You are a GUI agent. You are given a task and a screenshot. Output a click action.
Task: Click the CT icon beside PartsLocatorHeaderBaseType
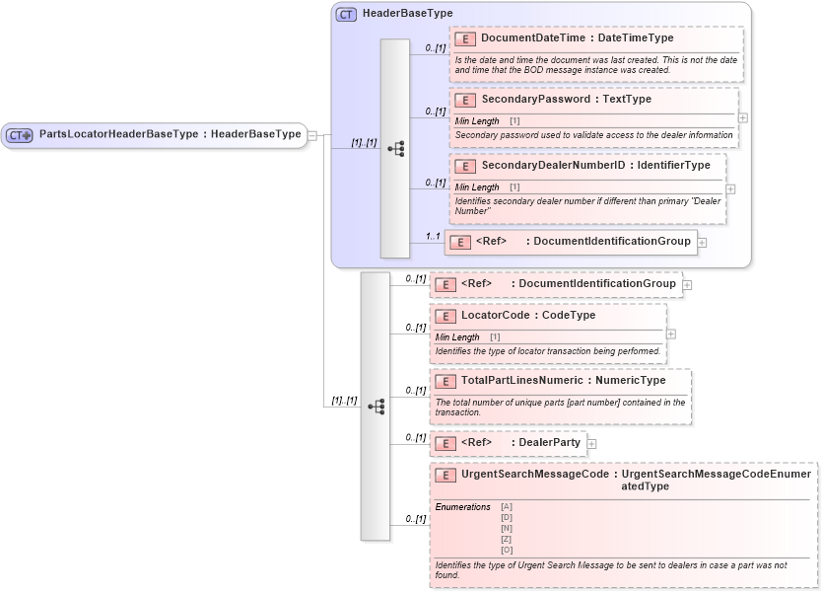21,135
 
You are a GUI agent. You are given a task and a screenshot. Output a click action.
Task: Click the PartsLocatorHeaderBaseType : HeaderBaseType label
170,135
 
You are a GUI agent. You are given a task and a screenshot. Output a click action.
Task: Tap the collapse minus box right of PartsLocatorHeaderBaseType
312,135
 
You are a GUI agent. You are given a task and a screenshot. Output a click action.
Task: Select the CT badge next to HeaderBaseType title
346,15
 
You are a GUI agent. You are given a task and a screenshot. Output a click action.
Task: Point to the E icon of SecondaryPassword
465,101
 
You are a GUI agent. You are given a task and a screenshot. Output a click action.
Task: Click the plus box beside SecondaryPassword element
743,117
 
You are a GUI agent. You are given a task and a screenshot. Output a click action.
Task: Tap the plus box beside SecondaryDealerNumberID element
730,189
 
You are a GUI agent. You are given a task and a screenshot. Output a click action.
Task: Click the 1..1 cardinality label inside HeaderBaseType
432,237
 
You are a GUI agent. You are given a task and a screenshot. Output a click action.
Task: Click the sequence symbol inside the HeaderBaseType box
395,149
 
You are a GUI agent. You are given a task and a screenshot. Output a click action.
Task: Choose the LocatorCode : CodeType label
528,316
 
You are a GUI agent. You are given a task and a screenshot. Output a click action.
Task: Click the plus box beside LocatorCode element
671,334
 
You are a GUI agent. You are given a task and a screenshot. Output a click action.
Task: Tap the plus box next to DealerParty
591,444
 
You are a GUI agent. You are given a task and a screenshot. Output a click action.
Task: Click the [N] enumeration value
507,528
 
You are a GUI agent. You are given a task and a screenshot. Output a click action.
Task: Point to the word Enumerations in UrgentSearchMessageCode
462,507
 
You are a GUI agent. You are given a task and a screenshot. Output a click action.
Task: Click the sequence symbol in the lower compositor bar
376,407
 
